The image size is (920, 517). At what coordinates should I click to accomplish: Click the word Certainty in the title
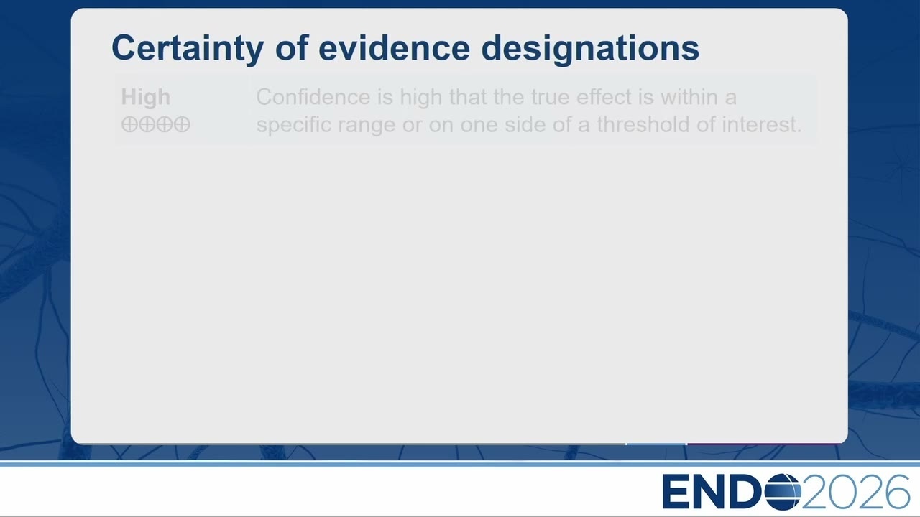[188, 48]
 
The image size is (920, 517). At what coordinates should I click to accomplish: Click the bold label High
[145, 98]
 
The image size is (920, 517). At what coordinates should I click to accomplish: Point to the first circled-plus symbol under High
[129, 124]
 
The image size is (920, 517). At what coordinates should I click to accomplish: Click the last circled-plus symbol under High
[182, 124]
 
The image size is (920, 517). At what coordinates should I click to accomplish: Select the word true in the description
[551, 97]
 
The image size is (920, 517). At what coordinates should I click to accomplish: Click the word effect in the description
[604, 97]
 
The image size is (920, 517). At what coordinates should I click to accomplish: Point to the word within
[689, 97]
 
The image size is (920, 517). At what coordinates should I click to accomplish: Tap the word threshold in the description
[643, 125]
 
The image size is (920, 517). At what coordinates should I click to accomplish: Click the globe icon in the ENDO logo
[783, 492]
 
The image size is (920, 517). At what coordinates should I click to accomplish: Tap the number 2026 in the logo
[856, 492]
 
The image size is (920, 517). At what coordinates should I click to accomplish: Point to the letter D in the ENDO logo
[747, 492]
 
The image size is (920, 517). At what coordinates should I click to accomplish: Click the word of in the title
[292, 47]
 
